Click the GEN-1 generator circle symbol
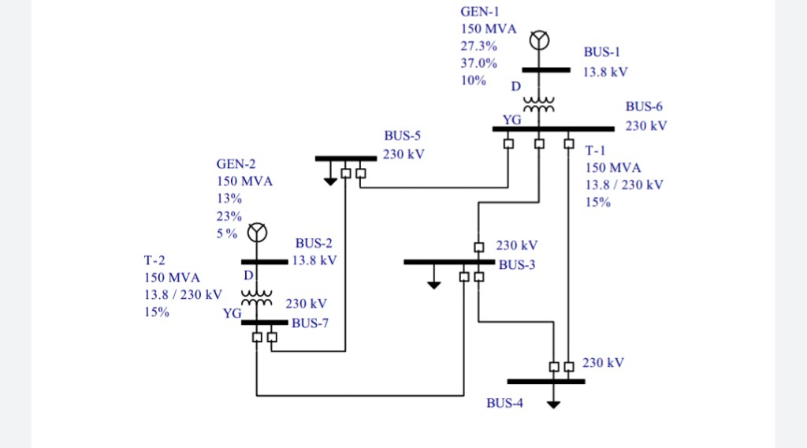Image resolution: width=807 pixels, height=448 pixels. point(539,39)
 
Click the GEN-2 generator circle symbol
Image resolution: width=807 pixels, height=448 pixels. point(258,233)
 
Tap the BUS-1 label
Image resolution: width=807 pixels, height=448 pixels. point(602,52)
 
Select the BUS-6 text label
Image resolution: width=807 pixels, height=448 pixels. point(645,106)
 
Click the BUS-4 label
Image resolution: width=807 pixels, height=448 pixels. point(504,403)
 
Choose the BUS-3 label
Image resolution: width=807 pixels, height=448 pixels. point(516,264)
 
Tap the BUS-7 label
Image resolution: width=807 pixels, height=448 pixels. point(310,323)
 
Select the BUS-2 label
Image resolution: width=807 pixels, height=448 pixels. point(314,243)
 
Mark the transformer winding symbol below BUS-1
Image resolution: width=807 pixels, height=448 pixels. point(539,103)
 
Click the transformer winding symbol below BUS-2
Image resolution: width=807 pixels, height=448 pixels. point(256,297)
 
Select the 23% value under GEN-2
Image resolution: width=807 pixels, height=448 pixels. point(229,216)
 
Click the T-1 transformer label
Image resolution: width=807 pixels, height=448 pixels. point(596,150)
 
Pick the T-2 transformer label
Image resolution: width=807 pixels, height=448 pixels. point(154,259)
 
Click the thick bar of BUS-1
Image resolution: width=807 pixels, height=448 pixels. point(545,69)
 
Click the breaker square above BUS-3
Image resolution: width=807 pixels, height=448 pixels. point(478,247)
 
